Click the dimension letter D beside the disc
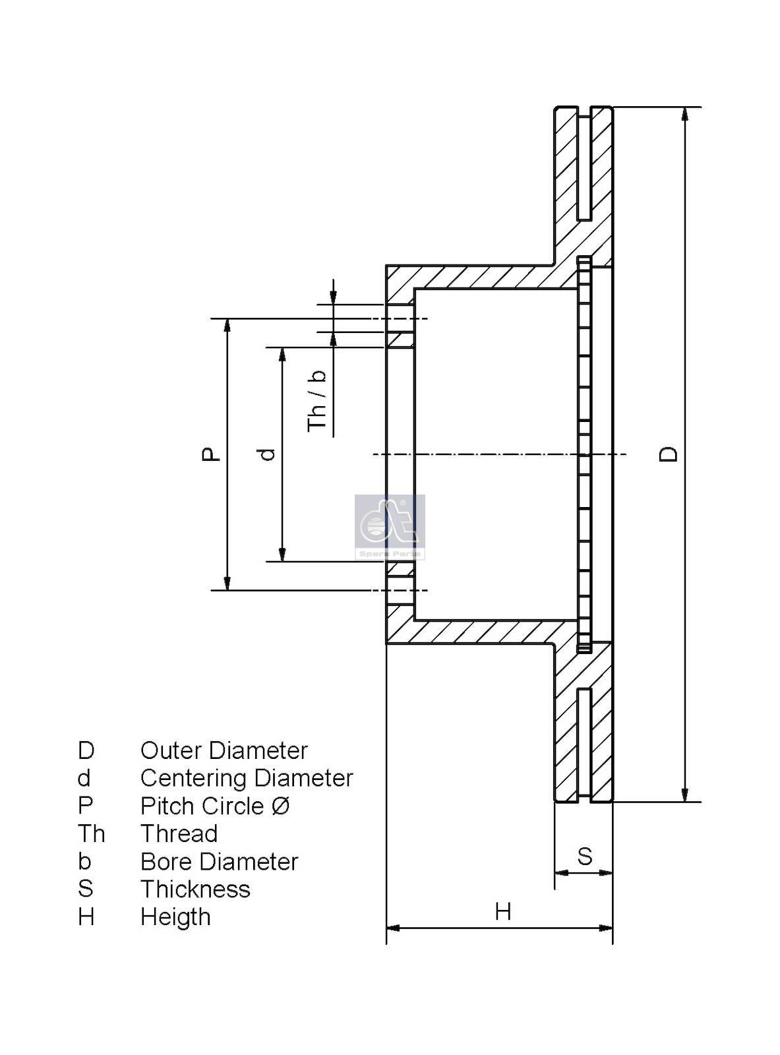pos(669,454)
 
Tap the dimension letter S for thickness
pos(585,856)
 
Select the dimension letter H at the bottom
pos(503,911)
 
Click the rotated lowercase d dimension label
pos(267,454)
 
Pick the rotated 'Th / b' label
pos(318,400)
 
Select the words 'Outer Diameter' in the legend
pos(224,750)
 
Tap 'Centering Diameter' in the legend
pos(247,778)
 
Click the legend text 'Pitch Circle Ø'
pos(215,806)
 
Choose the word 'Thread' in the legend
pos(179,833)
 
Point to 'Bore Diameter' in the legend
pos(219,861)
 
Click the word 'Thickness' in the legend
pos(195,889)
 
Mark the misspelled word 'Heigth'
pos(175,917)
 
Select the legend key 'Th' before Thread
pos(91,833)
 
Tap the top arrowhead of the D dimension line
pos(686,113)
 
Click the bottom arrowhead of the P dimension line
pos(227,583)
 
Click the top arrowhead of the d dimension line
pos(283,354)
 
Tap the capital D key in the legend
pos(86,750)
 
